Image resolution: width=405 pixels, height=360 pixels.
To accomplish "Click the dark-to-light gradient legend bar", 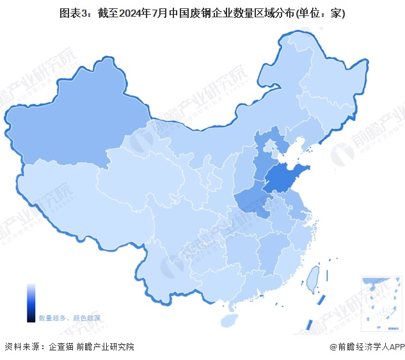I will (31, 303).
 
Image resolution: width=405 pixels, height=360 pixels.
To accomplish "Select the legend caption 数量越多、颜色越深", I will (69, 318).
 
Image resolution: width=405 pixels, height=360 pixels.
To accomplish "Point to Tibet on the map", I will (83, 199).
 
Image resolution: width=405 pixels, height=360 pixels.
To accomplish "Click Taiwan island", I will (313, 278).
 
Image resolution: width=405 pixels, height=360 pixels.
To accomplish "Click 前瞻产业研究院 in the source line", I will (106, 347).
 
